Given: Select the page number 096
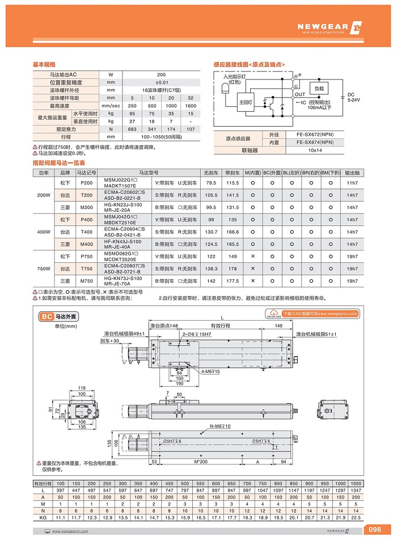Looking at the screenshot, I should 375,530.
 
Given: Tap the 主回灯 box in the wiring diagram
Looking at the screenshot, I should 246,102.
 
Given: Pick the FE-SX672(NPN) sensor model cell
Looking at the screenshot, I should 319,135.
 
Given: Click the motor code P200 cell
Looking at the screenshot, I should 87,183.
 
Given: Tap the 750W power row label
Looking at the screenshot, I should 44,269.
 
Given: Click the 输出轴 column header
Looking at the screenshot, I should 352,172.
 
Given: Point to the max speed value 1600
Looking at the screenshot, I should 191,106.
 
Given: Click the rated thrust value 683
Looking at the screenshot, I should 132,129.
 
